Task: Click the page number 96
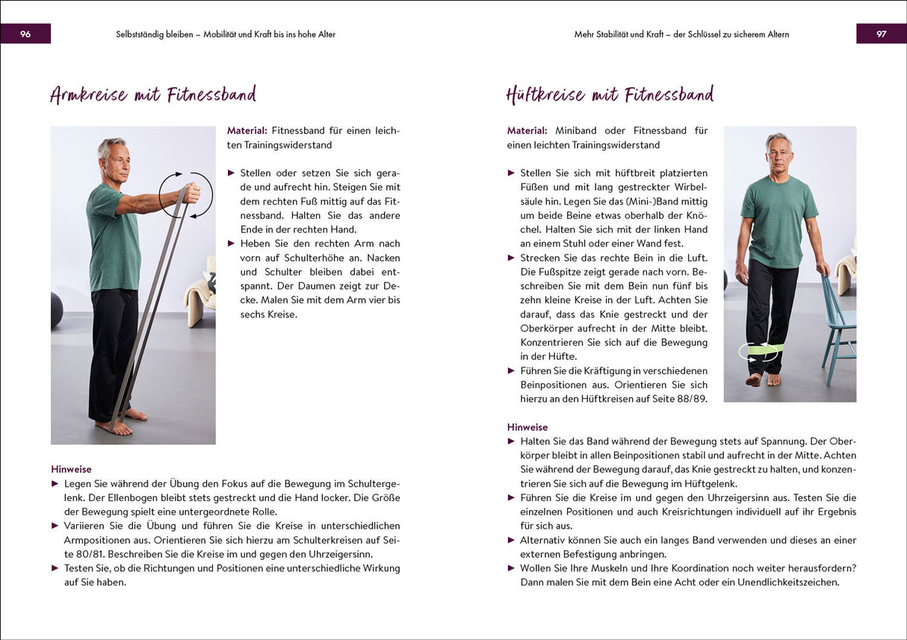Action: click(x=25, y=34)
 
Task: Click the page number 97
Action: click(x=881, y=34)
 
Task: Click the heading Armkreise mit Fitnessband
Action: click(x=153, y=95)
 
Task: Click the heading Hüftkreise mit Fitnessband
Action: click(x=610, y=95)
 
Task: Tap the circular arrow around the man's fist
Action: click(x=186, y=195)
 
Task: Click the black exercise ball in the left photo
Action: click(x=56, y=309)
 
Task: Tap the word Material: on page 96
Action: click(x=247, y=131)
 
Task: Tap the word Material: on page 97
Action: click(x=527, y=131)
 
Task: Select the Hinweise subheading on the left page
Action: click(x=71, y=469)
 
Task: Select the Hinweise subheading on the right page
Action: click(x=527, y=427)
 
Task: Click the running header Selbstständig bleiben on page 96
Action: click(x=157, y=34)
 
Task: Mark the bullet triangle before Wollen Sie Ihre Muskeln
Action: click(x=512, y=568)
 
